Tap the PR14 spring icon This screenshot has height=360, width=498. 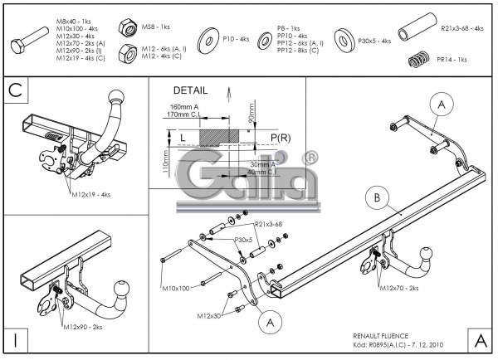(422, 59)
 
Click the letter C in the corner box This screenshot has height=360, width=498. (16, 89)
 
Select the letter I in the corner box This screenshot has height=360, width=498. (16, 338)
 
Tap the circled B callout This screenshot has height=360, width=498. (378, 197)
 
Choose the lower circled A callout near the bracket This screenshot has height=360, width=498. (268, 322)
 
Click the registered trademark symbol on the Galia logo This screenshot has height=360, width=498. (310, 157)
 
